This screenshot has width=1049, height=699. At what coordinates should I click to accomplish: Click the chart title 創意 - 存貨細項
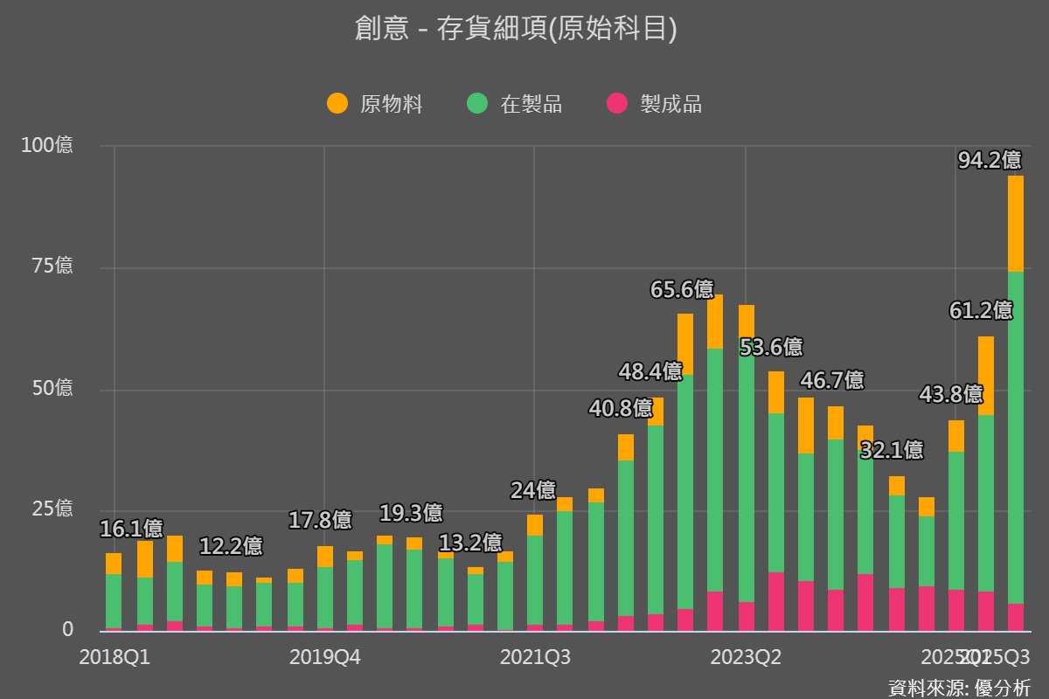pos(516,29)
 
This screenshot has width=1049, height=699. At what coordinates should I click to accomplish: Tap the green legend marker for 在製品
pos(477,104)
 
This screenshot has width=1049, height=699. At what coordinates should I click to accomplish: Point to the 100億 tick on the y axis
pos(47,145)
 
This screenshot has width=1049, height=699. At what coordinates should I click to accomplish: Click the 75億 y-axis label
pos(52,266)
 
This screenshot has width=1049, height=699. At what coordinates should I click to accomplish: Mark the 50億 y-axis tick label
pos(52,388)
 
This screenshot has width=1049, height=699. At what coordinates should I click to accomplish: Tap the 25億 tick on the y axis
pos(52,509)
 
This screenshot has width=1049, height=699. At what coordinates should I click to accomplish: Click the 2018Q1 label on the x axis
pos(115,657)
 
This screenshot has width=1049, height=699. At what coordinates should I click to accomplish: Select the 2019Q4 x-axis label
pos(324,657)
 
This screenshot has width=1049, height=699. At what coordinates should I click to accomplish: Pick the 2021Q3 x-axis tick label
pos(535,657)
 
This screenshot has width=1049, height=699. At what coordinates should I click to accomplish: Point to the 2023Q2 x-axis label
pos(746,657)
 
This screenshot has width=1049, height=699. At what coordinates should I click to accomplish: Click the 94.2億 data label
pos(990,161)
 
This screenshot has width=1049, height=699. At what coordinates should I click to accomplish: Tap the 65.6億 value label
pos(682,290)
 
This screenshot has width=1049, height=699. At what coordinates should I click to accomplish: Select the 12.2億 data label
pos(231,547)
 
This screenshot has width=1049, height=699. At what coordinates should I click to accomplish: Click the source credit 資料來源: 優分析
pos(959,687)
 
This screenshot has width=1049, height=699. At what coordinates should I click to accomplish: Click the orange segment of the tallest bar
pos(1015,224)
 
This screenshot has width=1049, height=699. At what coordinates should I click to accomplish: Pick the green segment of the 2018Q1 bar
pos(114,601)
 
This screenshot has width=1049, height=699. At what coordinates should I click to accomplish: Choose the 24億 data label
pos(533,491)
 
